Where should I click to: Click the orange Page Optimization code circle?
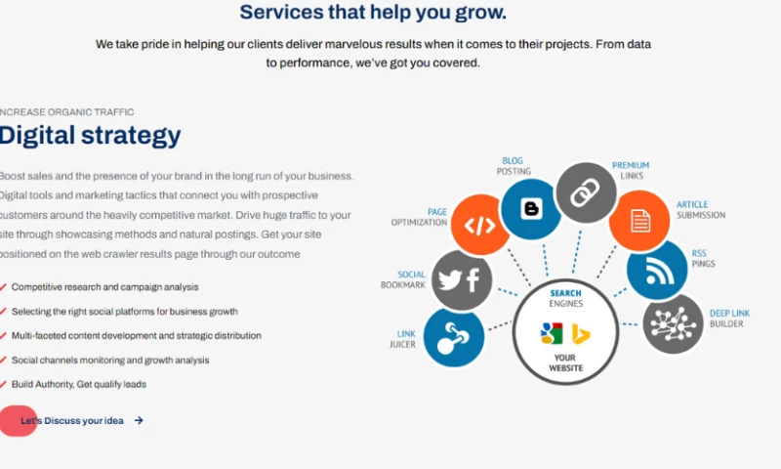coord(479,225)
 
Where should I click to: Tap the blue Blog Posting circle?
coord(531,209)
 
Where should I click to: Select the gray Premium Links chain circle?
coord(586,192)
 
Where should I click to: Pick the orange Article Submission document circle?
coord(639,220)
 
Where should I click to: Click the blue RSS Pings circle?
coord(657,271)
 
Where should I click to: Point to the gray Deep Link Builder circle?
coord(673,324)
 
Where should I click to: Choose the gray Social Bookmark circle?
coord(462,280)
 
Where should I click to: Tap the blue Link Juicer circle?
coord(454,337)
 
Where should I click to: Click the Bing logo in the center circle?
coord(581,334)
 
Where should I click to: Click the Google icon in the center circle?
coord(552,333)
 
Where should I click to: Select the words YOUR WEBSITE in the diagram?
coord(565,362)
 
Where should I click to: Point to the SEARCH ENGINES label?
coord(566,298)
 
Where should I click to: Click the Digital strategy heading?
coord(90,136)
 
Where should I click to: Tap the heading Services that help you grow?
coord(373,13)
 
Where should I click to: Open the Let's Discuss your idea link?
coord(72,421)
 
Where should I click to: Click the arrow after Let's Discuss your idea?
coord(139,421)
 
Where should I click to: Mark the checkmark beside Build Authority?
coord(3,384)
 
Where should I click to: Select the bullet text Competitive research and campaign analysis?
coord(104,287)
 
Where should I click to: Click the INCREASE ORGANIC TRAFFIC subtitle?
coord(66,112)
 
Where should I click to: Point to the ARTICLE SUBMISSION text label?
coord(701,210)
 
